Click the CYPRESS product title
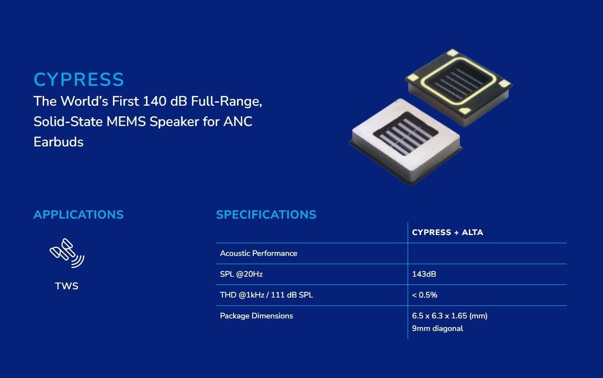(79, 79)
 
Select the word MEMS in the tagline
(126, 122)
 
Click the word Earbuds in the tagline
(59, 142)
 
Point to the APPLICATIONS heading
(79, 215)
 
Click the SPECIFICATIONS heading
(266, 215)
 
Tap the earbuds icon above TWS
(67, 253)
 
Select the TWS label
(66, 286)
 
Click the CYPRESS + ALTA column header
(447, 233)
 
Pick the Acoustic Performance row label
(258, 253)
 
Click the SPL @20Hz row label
(241, 274)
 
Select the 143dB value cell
(424, 274)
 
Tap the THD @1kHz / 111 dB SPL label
(267, 295)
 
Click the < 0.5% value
(425, 295)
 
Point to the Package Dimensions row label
(256, 316)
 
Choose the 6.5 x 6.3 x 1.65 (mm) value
(449, 316)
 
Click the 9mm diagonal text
(437, 329)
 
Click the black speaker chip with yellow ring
(459, 87)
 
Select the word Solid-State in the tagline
(68, 122)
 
